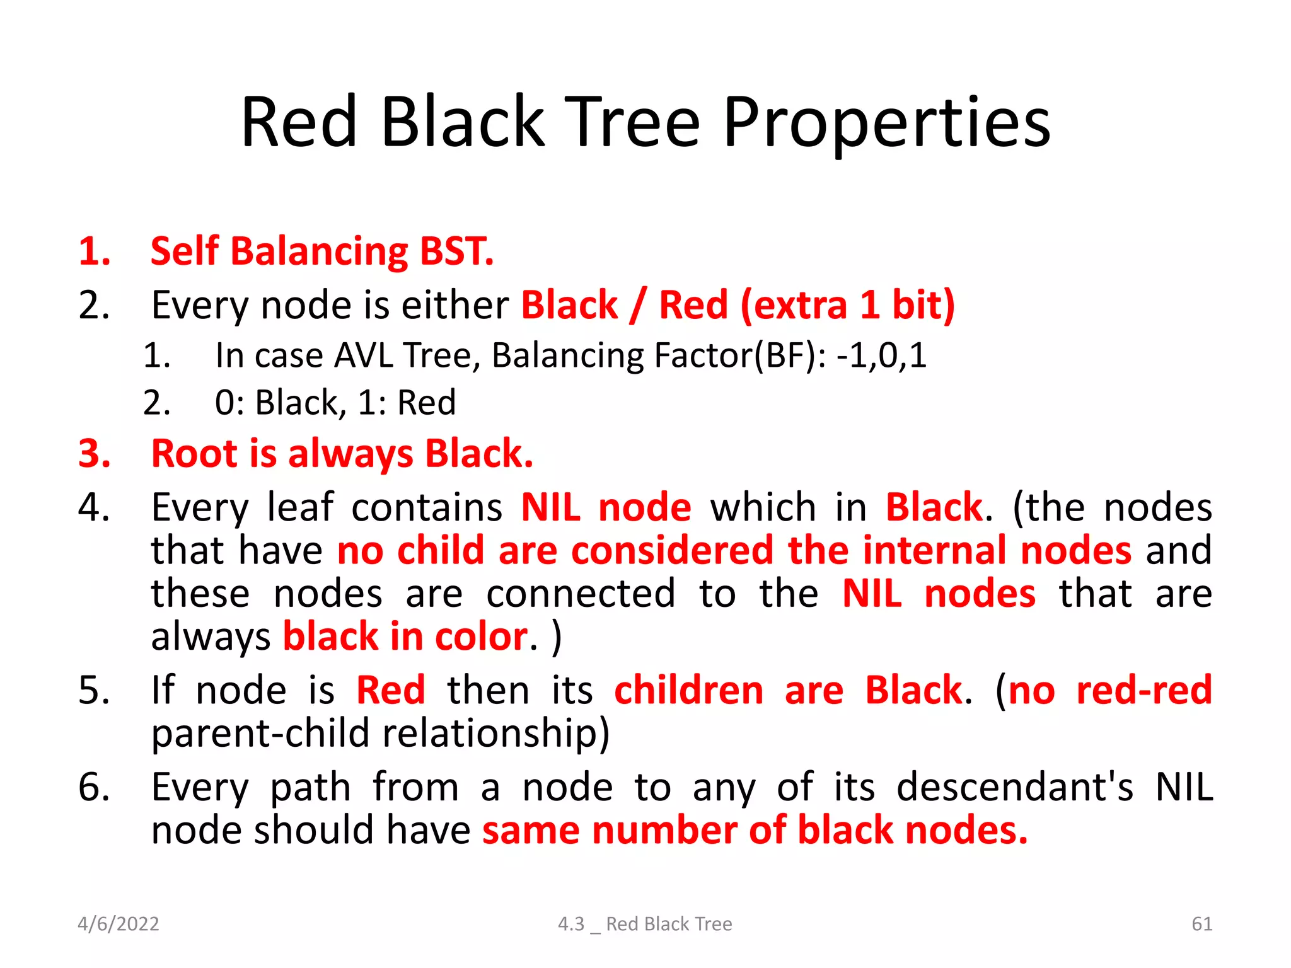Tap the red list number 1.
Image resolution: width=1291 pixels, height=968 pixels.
[94, 251]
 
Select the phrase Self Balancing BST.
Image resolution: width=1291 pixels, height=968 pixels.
[322, 251]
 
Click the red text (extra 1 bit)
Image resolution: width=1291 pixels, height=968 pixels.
[847, 305]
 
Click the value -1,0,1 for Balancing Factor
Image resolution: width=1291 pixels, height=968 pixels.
[881, 355]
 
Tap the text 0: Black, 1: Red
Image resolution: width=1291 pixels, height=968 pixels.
[335, 403]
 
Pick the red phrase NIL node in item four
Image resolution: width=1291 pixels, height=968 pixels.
[606, 507]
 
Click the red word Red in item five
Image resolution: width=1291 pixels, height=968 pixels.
[390, 690]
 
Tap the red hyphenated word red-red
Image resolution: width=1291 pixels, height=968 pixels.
[1143, 690]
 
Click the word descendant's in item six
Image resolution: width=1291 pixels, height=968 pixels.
[1014, 787]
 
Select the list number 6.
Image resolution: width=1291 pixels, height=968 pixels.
[94, 787]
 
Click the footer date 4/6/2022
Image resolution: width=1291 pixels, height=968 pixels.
[118, 924]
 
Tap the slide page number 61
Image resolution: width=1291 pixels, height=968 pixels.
[1201, 924]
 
